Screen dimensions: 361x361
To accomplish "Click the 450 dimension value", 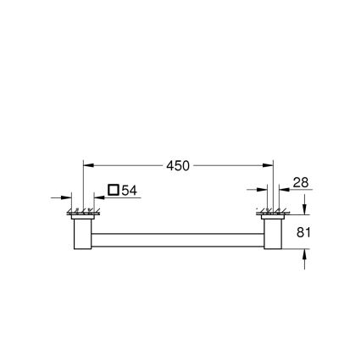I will click(178, 166).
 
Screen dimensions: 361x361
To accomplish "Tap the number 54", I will click(128, 191).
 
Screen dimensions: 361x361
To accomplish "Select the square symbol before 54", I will click(113, 191).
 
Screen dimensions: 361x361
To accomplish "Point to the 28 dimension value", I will click(300, 182).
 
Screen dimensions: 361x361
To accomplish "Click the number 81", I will click(305, 231).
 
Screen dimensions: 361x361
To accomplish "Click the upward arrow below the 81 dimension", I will click(305, 255).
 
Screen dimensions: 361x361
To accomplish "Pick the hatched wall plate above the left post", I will click(82, 212).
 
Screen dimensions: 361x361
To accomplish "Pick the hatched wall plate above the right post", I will click(272, 212).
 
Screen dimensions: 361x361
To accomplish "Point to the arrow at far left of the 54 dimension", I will click(67, 197).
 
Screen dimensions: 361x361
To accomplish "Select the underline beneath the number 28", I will click(300, 190).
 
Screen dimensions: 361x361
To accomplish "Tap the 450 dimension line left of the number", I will click(127, 166).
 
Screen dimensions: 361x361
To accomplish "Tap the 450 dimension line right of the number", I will click(229, 166).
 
